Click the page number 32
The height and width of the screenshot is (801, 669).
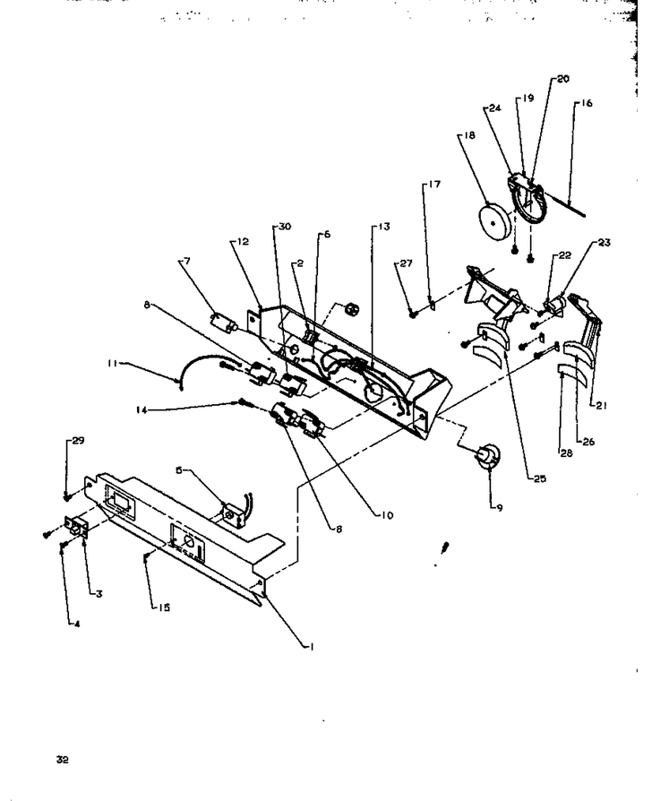[63, 760]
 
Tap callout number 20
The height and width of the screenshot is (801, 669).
[562, 79]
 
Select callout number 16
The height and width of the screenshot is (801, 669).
[587, 103]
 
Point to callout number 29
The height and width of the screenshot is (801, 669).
[78, 440]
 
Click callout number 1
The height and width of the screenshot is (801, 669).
[312, 647]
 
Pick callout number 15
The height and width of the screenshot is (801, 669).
[164, 607]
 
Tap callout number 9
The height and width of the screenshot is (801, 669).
[499, 508]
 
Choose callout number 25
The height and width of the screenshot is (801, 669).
[540, 478]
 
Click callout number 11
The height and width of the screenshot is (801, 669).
[112, 363]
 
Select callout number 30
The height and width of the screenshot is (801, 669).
[285, 227]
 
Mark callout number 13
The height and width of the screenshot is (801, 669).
[383, 227]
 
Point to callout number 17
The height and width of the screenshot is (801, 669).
[434, 184]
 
